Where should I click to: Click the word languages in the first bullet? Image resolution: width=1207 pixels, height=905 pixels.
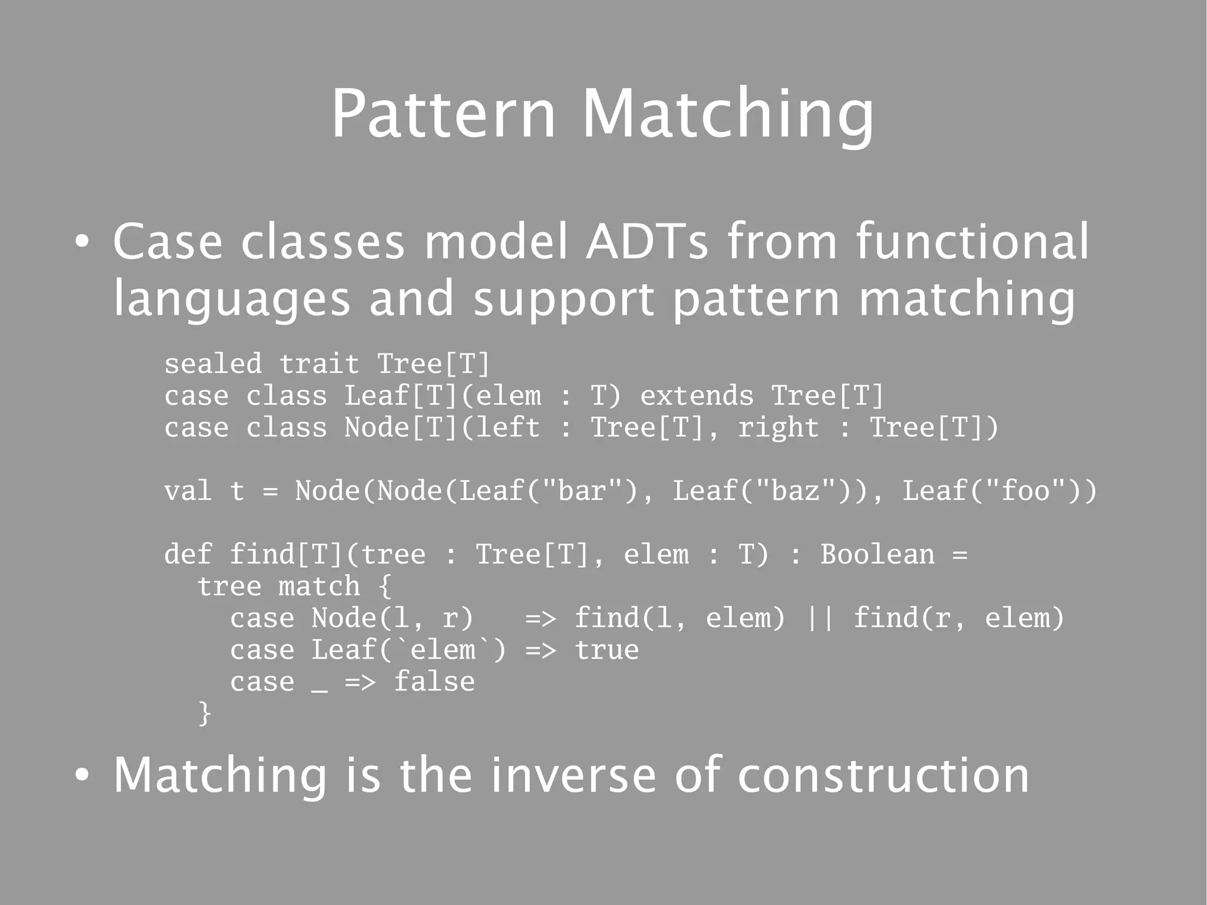pos(232,298)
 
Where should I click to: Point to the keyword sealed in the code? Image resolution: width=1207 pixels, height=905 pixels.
pos(213,364)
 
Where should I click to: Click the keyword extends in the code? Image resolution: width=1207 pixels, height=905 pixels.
pos(697,396)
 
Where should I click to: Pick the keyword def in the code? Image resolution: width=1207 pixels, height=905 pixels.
pos(188,554)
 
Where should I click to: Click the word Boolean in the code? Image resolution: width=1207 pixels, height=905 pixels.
pos(878,554)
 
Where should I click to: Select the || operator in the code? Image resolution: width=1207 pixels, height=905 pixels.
pos(819,618)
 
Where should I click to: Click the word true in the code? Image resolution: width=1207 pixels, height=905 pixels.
pos(606,650)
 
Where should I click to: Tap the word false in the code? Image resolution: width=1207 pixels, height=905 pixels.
pos(434,682)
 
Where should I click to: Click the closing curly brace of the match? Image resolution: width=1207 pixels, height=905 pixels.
pos(205,713)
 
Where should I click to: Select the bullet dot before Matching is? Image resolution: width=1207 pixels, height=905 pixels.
pos(83,776)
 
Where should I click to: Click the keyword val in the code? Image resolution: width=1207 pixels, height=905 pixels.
pos(188,491)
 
